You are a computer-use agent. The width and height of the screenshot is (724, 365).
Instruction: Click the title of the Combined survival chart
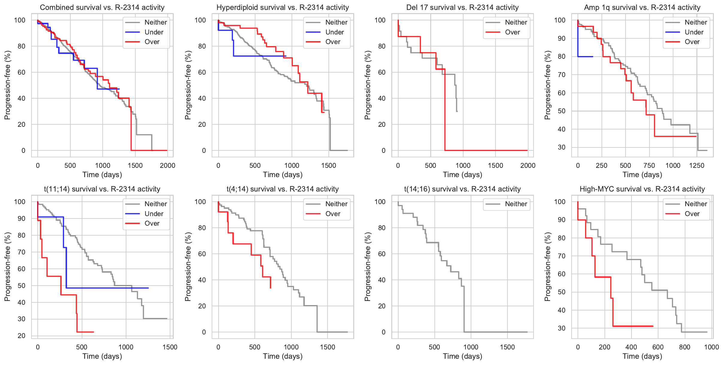pos(102,7)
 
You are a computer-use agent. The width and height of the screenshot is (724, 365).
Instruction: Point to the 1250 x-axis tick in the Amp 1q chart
pos(696,166)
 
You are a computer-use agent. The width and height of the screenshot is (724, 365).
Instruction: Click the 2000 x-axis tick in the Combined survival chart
pos(167,166)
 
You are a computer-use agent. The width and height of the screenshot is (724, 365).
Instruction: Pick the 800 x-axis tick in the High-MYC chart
pos(684,347)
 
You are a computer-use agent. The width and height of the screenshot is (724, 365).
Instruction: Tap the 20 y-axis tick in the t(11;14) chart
pos(22,336)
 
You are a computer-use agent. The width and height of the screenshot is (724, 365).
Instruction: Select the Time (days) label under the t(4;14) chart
pos(283,356)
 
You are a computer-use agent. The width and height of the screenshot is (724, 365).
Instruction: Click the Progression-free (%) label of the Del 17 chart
pos(367,85)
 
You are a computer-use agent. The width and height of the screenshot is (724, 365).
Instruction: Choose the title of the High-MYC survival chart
pos(642,189)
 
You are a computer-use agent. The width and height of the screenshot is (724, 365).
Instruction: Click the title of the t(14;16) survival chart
pos(462,189)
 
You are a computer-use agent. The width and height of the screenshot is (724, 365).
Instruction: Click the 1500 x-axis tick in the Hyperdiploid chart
pos(328,166)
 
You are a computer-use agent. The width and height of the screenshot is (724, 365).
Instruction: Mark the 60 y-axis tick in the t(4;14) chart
pos(202,254)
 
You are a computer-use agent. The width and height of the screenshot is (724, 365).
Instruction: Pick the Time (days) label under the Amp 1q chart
pos(642,175)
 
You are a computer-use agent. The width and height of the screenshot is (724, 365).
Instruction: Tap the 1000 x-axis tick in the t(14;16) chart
pos(471,347)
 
